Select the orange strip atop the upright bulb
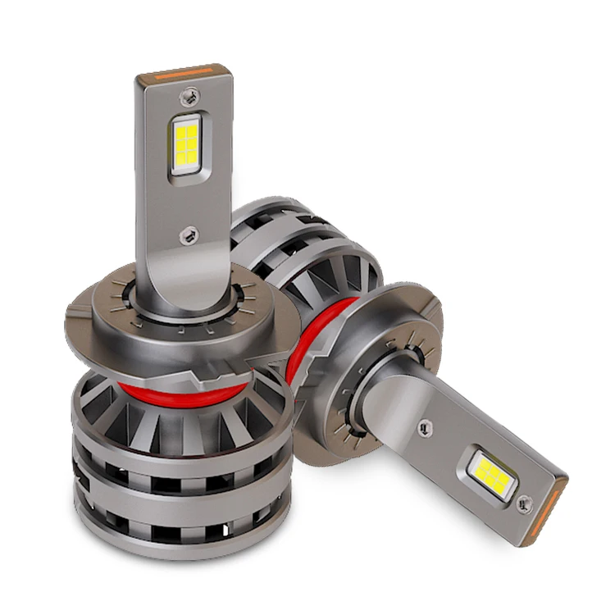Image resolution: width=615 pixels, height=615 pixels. [x=184, y=71]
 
